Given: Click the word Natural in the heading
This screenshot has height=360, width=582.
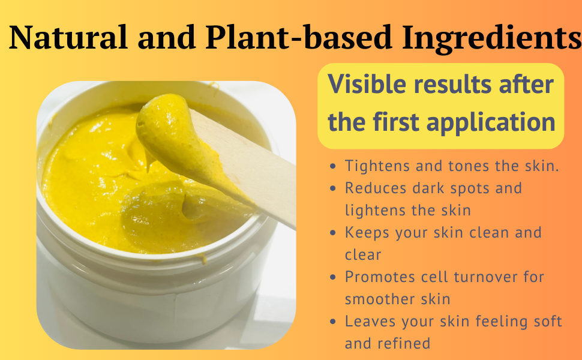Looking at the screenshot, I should [68, 38].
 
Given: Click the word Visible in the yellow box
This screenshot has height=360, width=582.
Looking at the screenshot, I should [368, 85].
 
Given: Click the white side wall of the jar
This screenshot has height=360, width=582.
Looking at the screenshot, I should [150, 294].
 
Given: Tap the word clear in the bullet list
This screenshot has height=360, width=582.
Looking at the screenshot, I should [363, 254].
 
